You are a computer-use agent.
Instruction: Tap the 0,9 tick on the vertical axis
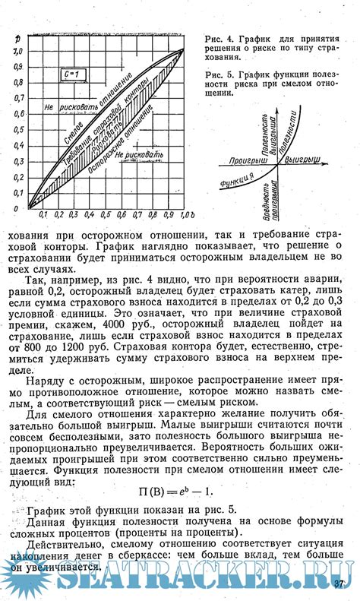tap(16, 66)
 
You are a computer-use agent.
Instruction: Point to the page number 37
tap(339, 584)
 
